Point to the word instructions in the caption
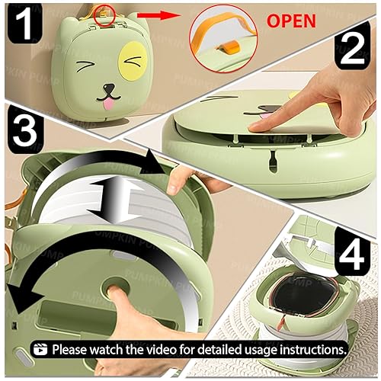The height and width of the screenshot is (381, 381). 310,348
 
